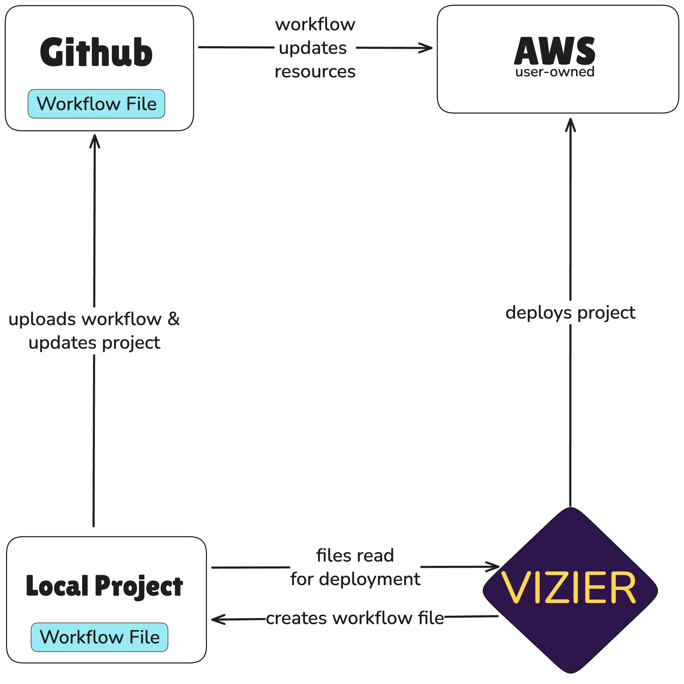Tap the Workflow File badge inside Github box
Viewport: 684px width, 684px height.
pos(96,104)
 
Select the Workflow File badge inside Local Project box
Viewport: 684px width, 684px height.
pos(99,637)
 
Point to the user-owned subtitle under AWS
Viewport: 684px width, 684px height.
pos(555,72)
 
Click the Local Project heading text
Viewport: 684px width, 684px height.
pos(104,586)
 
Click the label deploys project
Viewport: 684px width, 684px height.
pos(570,313)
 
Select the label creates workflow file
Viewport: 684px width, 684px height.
pos(355,619)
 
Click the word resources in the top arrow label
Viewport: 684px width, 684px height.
pos(315,72)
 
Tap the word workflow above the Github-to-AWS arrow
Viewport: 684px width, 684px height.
pos(315,25)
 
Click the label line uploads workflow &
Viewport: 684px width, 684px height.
pos(94,319)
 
